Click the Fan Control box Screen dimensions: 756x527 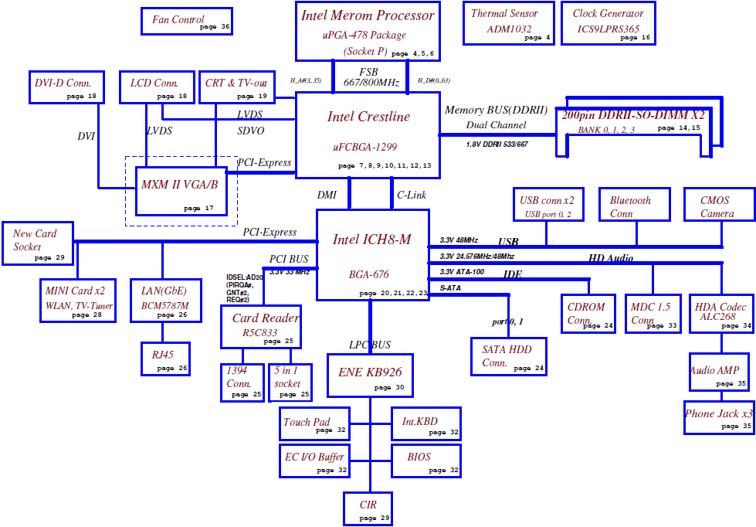tap(187, 21)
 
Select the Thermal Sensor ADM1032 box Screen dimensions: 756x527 tap(509, 23)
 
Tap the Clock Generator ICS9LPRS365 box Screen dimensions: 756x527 tap(609, 23)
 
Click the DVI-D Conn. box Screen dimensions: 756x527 tap(66, 87)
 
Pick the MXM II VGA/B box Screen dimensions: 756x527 tap(181, 191)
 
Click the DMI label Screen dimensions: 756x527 tap(327, 195)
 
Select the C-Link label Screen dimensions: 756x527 tap(412, 195)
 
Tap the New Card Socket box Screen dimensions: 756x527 tap(38, 243)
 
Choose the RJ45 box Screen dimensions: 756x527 tap(165, 359)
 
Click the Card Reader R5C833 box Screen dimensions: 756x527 tap(261, 327)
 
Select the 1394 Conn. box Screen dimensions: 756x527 tap(242, 382)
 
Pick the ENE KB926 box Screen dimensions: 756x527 tap(370, 376)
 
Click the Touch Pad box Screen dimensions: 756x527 tap(314, 423)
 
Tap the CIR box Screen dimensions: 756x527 tap(368, 508)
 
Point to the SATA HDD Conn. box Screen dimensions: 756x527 tap(509, 356)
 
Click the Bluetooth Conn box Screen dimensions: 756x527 tap(635, 205)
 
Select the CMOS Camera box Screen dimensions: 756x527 tap(720, 205)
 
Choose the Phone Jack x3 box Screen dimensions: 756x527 tap(719, 417)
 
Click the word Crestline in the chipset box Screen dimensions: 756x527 tap(384, 117)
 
